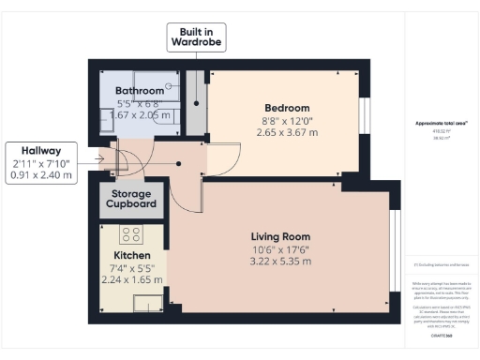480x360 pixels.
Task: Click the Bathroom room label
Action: coord(132,90)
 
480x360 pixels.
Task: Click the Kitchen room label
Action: coord(132,255)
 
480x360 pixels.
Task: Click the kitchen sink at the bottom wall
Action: coord(146,302)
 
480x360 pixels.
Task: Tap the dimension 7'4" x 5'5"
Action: coord(132,267)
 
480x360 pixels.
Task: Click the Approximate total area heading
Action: coord(440,123)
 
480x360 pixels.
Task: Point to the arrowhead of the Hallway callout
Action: coord(104,158)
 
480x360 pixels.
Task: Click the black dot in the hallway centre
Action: coord(179,162)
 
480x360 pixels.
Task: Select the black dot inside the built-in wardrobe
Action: coord(195,104)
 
